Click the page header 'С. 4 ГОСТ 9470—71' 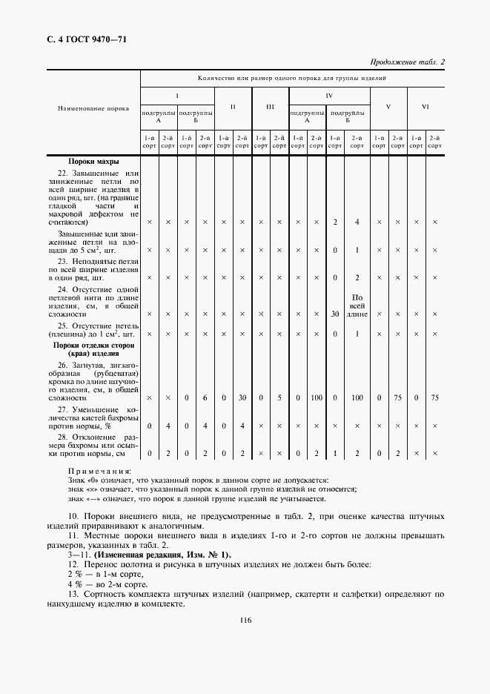[x=82, y=39]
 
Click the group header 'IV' [x=329, y=96]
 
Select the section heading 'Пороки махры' [x=93, y=161]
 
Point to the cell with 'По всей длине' [x=357, y=305]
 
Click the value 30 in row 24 [x=335, y=314]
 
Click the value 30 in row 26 [x=242, y=398]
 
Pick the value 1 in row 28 [x=335, y=453]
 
